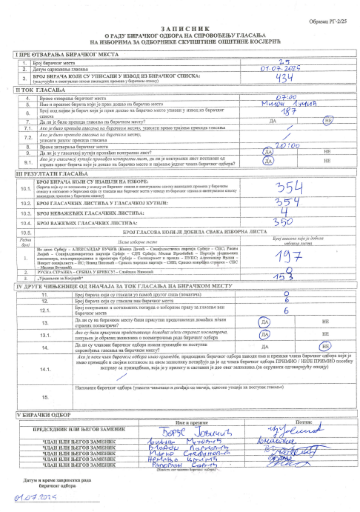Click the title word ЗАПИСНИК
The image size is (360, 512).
pos(180,28)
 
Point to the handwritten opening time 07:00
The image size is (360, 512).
pos(286,97)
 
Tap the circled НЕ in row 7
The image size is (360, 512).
pos(328,121)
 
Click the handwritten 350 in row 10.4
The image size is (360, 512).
pos(283,221)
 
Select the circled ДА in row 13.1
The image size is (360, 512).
pos(265,334)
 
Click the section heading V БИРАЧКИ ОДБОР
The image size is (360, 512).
pos(43,414)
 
